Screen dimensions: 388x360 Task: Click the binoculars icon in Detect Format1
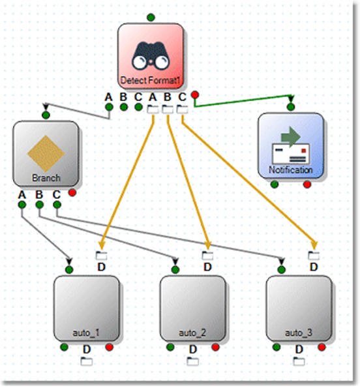(x=151, y=57)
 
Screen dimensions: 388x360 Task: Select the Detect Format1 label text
(x=151, y=82)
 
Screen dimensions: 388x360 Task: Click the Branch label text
(x=46, y=178)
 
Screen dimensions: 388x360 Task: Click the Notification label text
(x=290, y=170)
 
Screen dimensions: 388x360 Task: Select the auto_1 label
(x=86, y=333)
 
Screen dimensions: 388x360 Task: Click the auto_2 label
(x=192, y=333)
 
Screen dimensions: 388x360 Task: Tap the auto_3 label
(x=299, y=333)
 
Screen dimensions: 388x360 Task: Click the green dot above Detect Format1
(x=151, y=16)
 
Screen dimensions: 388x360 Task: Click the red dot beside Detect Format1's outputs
(x=194, y=96)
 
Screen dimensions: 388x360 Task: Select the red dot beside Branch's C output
(x=72, y=193)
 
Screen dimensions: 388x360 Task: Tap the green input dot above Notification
(x=290, y=106)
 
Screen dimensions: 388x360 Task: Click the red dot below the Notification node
(x=307, y=185)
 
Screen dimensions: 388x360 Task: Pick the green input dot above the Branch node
(x=46, y=115)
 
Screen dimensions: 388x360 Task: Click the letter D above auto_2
(x=207, y=267)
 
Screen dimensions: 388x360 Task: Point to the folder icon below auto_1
(x=86, y=361)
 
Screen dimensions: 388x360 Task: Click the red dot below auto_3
(x=322, y=348)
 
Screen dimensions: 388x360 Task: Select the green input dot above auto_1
(x=70, y=269)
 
